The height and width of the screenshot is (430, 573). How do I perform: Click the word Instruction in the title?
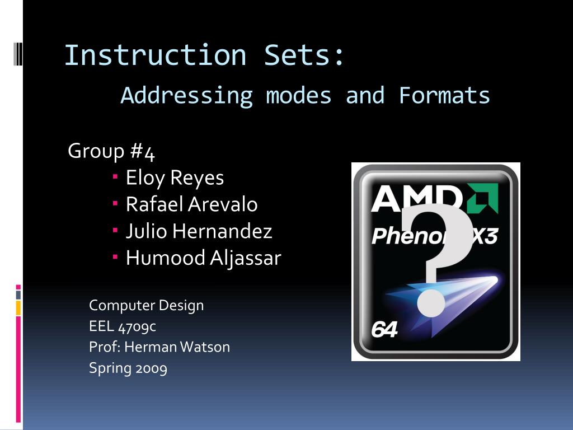[x=155, y=55]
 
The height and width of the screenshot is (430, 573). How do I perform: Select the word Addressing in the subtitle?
[x=186, y=96]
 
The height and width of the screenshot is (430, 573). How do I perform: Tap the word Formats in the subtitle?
[x=444, y=95]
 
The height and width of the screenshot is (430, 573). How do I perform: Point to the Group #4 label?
[x=111, y=151]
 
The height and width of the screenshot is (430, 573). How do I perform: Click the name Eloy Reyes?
[x=175, y=178]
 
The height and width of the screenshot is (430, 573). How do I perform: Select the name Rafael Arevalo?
[x=191, y=204]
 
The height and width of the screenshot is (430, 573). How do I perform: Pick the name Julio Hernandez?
[x=199, y=231]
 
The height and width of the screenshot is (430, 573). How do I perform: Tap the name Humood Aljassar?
[x=203, y=258]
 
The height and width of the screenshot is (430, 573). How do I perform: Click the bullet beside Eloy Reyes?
[x=115, y=177]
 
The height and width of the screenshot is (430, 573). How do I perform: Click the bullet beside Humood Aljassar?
[x=115, y=257]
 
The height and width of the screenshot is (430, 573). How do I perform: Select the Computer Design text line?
[x=146, y=306]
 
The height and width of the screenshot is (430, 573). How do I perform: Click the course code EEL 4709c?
[x=126, y=326]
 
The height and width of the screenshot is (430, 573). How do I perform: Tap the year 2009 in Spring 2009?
[x=151, y=368]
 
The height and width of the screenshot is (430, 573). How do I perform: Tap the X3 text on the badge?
[x=482, y=236]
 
